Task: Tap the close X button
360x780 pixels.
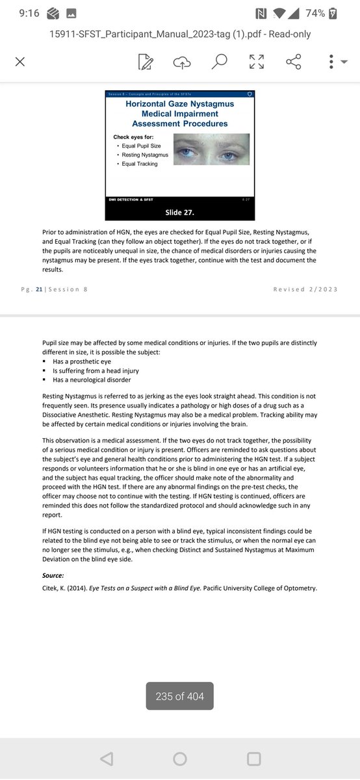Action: point(19,62)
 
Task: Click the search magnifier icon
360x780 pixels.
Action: point(219,62)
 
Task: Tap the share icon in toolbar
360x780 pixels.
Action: point(294,62)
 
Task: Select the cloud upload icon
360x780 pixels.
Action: point(182,62)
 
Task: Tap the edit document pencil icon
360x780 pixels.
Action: point(145,62)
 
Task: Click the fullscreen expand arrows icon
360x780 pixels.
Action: point(256,62)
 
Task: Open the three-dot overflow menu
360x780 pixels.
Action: point(331,62)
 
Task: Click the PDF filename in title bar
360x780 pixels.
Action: point(180,34)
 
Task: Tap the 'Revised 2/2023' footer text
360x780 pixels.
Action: point(305,289)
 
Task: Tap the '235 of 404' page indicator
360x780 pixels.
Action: point(180,696)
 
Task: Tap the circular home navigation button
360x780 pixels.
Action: point(180,759)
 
